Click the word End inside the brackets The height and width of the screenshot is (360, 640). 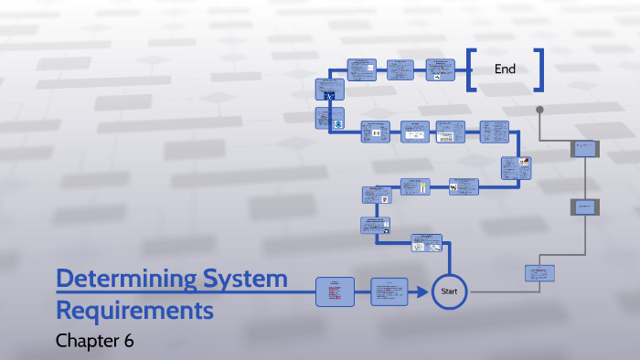pyautogui.click(x=505, y=69)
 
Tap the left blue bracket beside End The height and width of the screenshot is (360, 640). pyautogui.click(x=471, y=69)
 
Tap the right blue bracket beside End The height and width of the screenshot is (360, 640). pyautogui.click(x=539, y=69)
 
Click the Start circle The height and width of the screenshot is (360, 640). pyautogui.click(x=449, y=291)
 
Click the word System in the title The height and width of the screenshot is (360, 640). pyautogui.click(x=252, y=278)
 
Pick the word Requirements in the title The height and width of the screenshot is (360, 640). pyautogui.click(x=134, y=311)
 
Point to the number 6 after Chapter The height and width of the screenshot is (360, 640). pyautogui.click(x=129, y=341)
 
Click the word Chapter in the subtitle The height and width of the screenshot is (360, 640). pyautogui.click(x=87, y=341)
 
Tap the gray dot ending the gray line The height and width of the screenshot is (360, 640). pyautogui.click(x=539, y=110)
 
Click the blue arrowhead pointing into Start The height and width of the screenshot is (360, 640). pyautogui.click(x=424, y=291)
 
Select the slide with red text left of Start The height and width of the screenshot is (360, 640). pyautogui.click(x=335, y=291)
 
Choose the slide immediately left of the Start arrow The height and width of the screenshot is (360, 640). pyautogui.click(x=389, y=291)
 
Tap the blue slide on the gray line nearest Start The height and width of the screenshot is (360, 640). pyautogui.click(x=540, y=272)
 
